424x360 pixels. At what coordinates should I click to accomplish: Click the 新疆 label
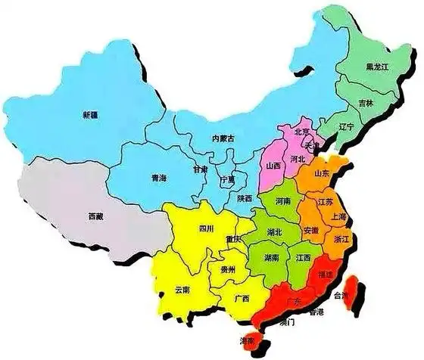90,115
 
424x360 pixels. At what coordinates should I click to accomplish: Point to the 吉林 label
366,103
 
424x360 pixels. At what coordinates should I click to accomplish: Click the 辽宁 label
346,128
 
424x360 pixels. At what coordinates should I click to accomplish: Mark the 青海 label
158,178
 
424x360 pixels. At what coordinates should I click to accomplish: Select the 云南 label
182,290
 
